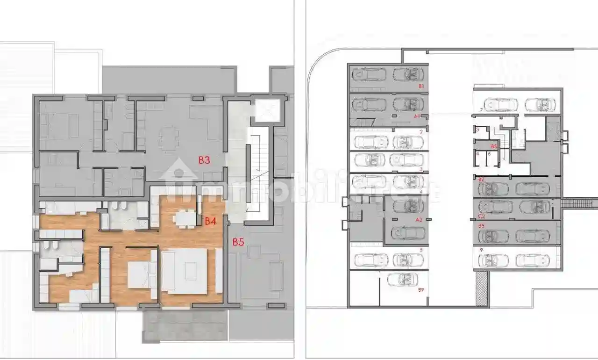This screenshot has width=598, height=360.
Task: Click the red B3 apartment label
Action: click(x=204, y=160)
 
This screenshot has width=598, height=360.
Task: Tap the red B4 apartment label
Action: click(x=210, y=221)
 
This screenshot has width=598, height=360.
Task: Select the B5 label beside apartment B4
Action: click(x=238, y=242)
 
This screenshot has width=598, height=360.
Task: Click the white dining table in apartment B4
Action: click(x=185, y=218)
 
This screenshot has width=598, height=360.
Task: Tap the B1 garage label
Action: click(x=421, y=86)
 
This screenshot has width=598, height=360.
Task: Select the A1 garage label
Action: click(x=418, y=115)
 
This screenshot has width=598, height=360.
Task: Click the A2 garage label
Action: click(x=419, y=219)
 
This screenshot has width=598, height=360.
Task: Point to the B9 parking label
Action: click(x=421, y=290)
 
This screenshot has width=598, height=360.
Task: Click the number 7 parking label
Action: click(x=481, y=110)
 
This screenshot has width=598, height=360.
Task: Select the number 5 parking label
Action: click(x=421, y=250)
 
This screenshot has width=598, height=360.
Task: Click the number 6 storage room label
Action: click(x=489, y=153)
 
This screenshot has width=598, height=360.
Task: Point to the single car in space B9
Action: click(x=403, y=280)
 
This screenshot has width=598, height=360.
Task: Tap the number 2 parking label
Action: click(x=421, y=132)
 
